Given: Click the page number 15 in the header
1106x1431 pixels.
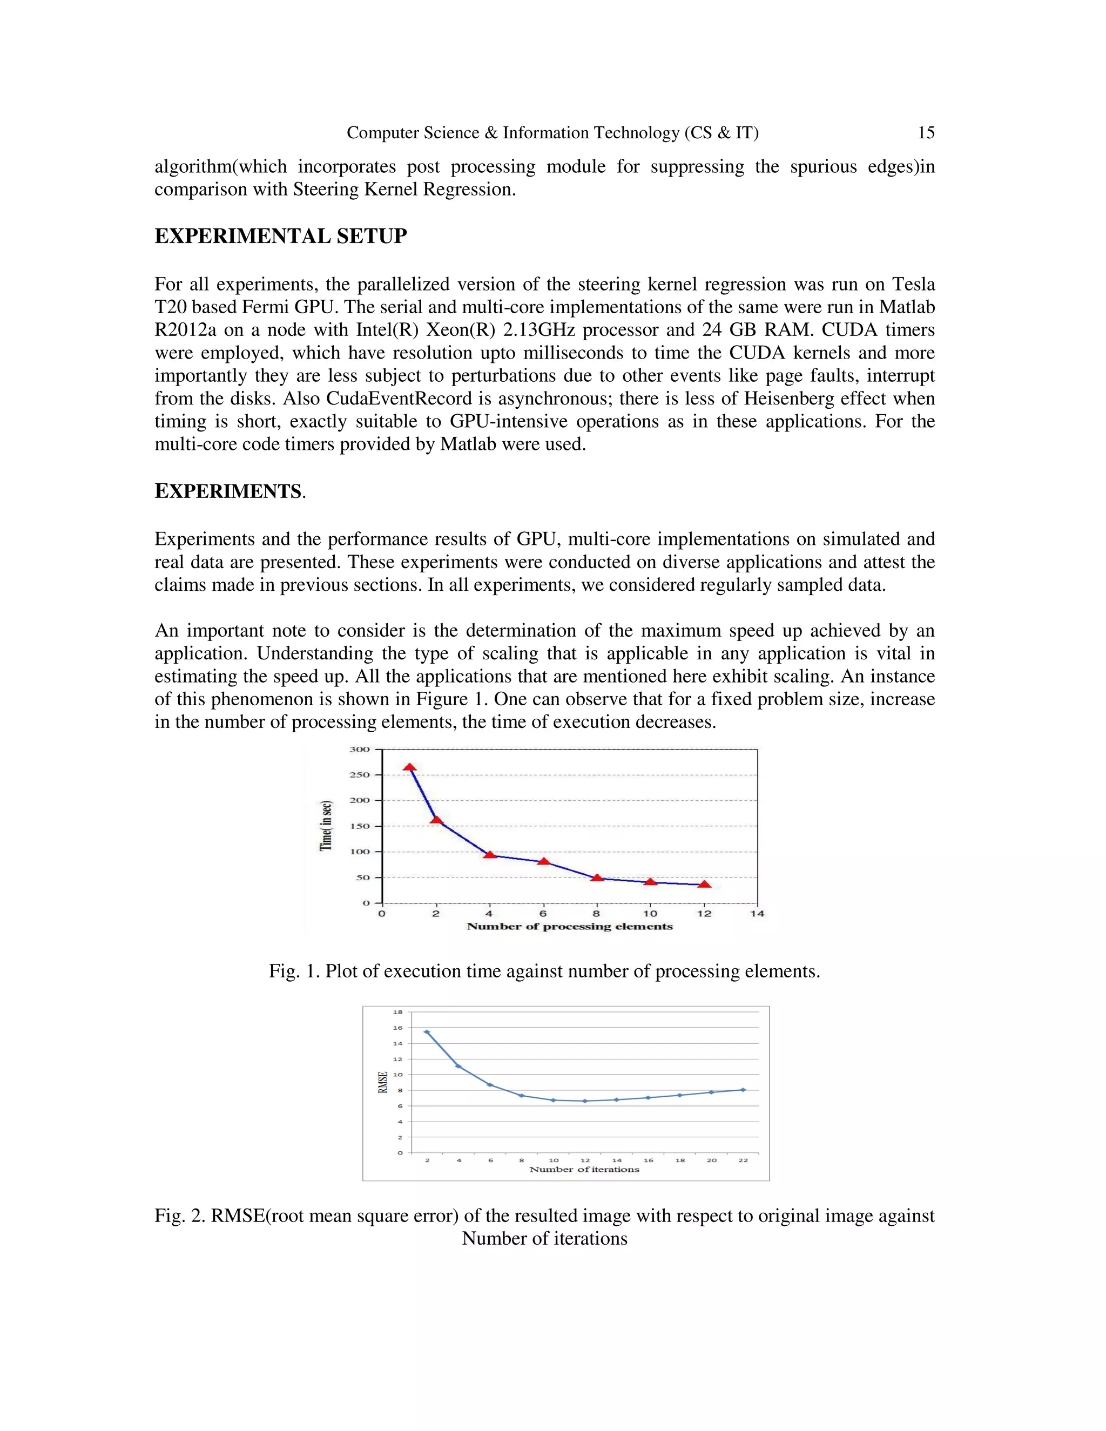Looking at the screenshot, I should coord(925,133).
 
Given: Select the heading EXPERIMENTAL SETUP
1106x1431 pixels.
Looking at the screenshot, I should coord(280,236).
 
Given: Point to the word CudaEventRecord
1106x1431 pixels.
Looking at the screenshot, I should coord(399,399).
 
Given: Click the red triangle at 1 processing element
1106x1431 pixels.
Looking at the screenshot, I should coord(409,768).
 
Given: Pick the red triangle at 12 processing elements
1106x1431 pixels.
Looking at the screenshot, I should coord(704,885).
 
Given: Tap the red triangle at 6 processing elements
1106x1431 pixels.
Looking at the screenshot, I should coord(543,861).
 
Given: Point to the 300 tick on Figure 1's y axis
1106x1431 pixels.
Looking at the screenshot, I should coord(359,750).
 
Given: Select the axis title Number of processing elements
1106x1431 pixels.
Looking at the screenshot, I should coord(569,927).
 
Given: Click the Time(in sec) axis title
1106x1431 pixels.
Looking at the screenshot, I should coord(326,826).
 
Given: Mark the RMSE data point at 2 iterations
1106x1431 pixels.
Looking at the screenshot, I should coord(427,1032).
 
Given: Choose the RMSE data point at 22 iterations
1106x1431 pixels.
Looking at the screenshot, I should coord(743,1090).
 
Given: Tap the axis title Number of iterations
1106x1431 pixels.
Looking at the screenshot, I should coord(584,1170).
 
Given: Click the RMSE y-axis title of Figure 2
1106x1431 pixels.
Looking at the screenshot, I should coord(383,1082).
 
